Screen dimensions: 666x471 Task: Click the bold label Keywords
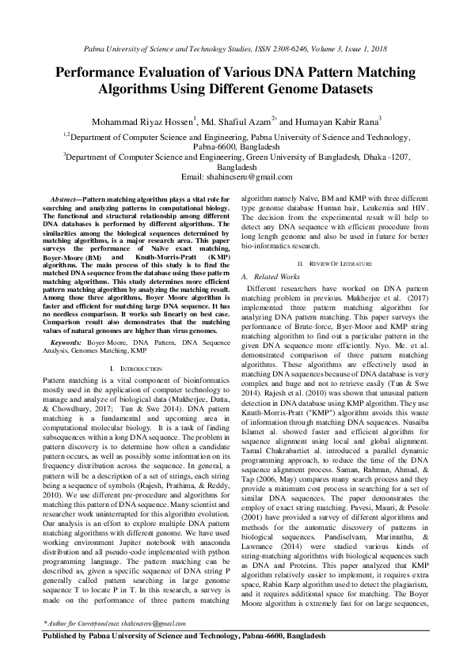66,324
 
